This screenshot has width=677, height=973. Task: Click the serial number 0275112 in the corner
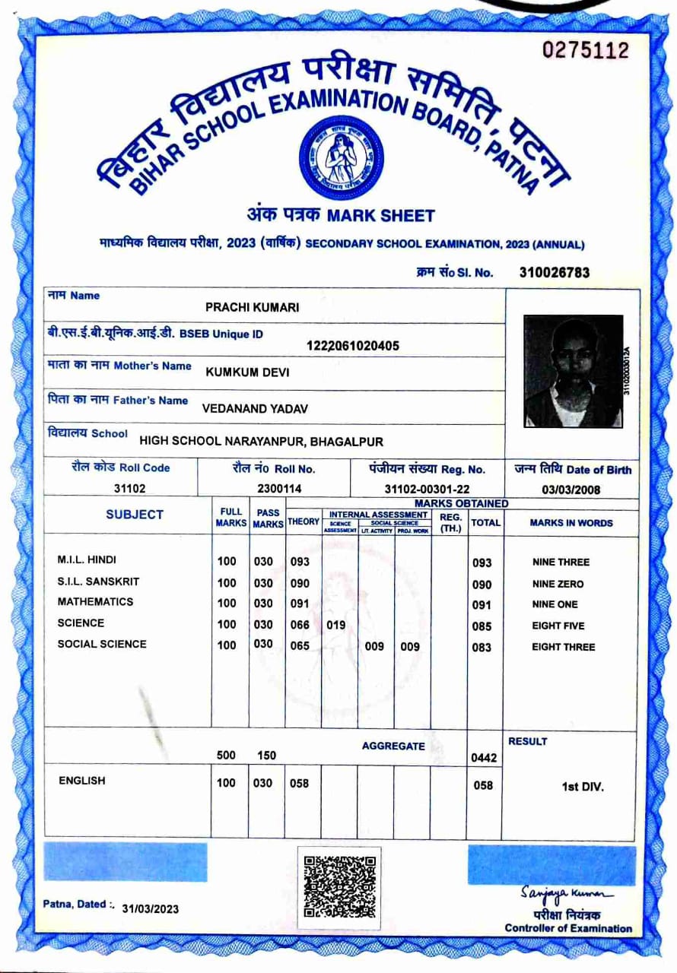586,51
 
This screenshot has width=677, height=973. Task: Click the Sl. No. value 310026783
555,272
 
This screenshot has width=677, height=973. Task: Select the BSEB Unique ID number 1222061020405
352,346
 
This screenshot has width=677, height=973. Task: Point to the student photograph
573,371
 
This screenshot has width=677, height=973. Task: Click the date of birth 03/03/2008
571,490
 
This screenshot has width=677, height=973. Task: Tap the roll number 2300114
279,489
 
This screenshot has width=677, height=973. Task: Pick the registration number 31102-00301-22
427,489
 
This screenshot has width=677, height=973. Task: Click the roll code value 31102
129,489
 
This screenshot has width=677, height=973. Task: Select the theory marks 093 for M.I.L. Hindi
300,562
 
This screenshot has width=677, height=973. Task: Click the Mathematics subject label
95,602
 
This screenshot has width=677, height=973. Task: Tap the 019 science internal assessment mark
336,625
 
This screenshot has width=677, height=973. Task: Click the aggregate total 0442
484,758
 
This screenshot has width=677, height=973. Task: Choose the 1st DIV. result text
582,787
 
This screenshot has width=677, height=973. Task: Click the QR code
339,887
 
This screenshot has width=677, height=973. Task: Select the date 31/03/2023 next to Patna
150,909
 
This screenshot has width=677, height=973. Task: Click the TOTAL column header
485,523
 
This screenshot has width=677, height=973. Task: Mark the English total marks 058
483,785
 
